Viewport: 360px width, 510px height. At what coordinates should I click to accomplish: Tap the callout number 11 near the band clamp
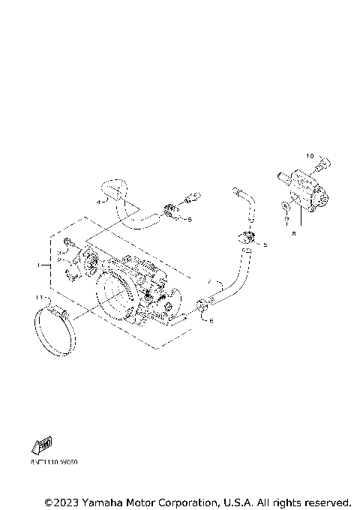tap(40, 298)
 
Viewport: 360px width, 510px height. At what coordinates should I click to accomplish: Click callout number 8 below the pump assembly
tap(294, 233)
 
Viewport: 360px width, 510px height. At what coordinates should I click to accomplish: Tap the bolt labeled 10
tap(322, 162)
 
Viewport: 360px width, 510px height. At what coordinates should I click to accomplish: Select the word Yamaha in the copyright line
tap(104, 501)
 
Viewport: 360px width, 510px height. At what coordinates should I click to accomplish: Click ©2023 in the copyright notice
tap(61, 501)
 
